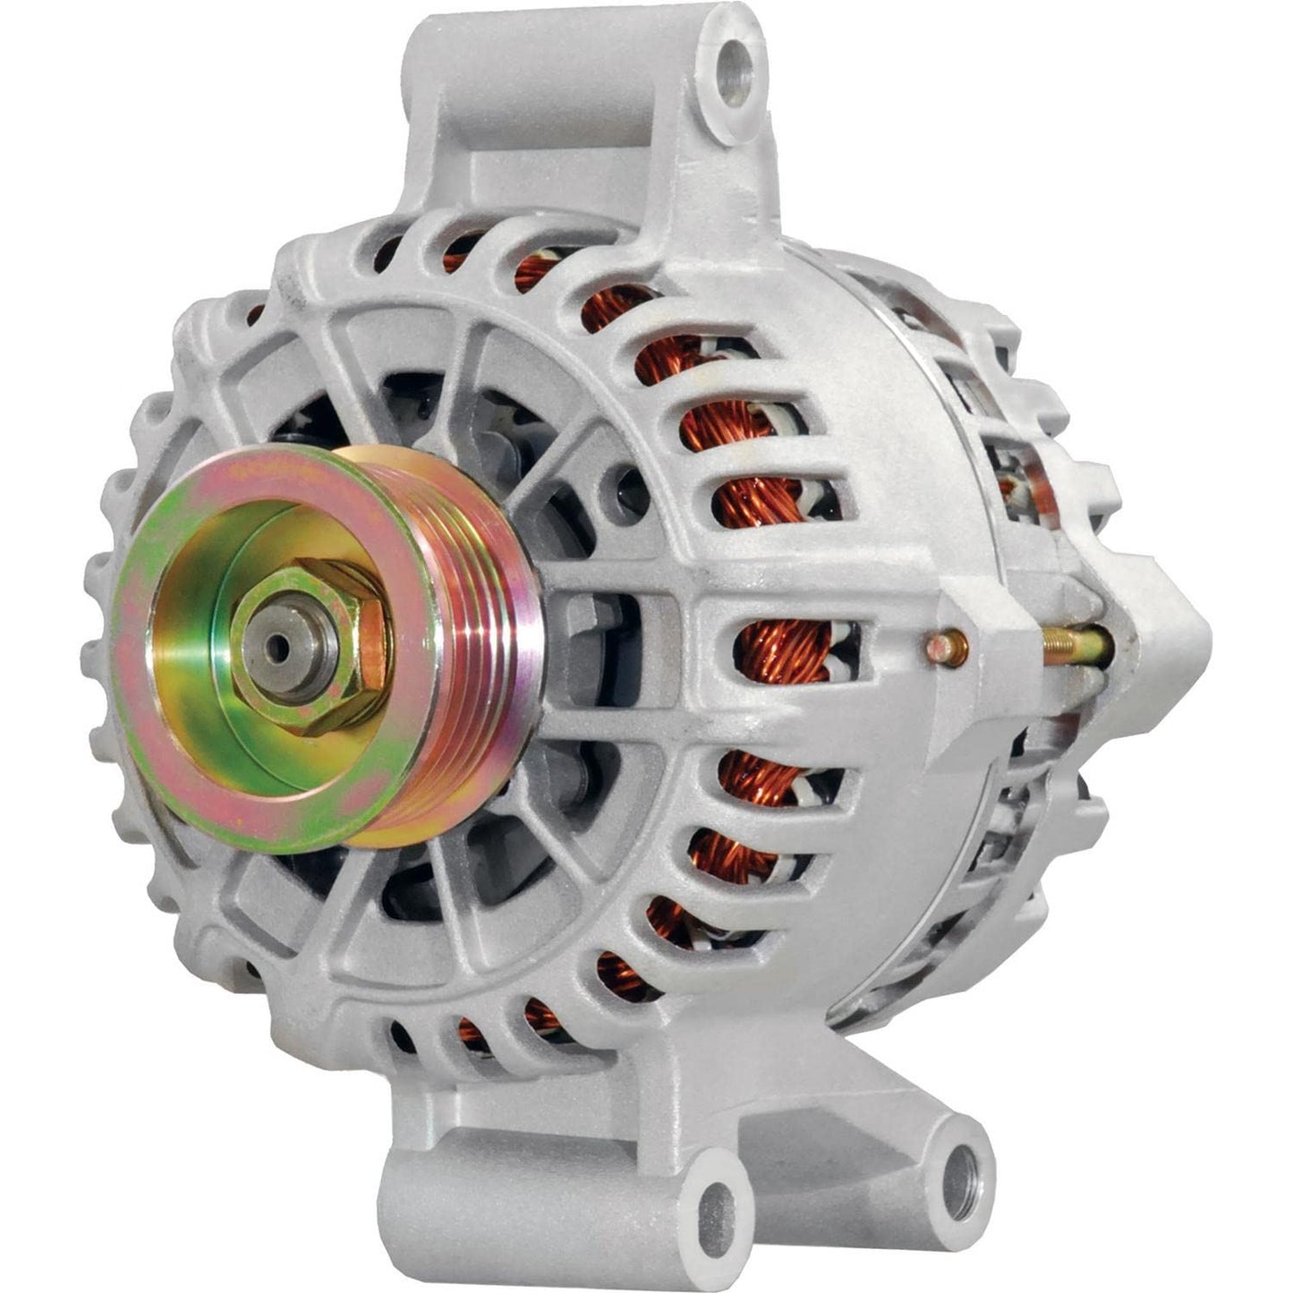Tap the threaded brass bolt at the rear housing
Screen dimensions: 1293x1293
1074,642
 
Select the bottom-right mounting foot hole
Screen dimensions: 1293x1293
958,1173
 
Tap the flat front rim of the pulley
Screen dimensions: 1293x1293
179,716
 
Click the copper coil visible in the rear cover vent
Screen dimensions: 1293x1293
1016,488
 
